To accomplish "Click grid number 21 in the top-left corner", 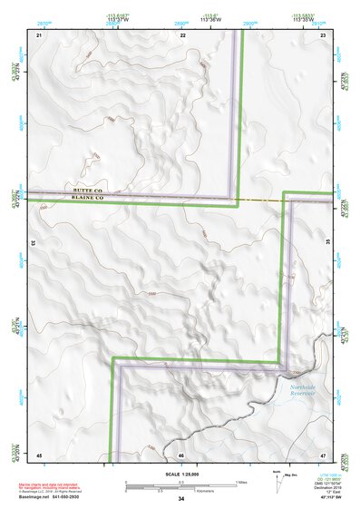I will [x=39, y=34].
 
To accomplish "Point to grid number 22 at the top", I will [x=182, y=34].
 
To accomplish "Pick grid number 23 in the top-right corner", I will [x=323, y=34].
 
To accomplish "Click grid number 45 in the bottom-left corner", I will [x=39, y=454].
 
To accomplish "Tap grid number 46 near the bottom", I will [x=181, y=454].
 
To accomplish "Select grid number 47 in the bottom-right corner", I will [x=323, y=454].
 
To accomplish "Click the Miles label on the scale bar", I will [x=240, y=481].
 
